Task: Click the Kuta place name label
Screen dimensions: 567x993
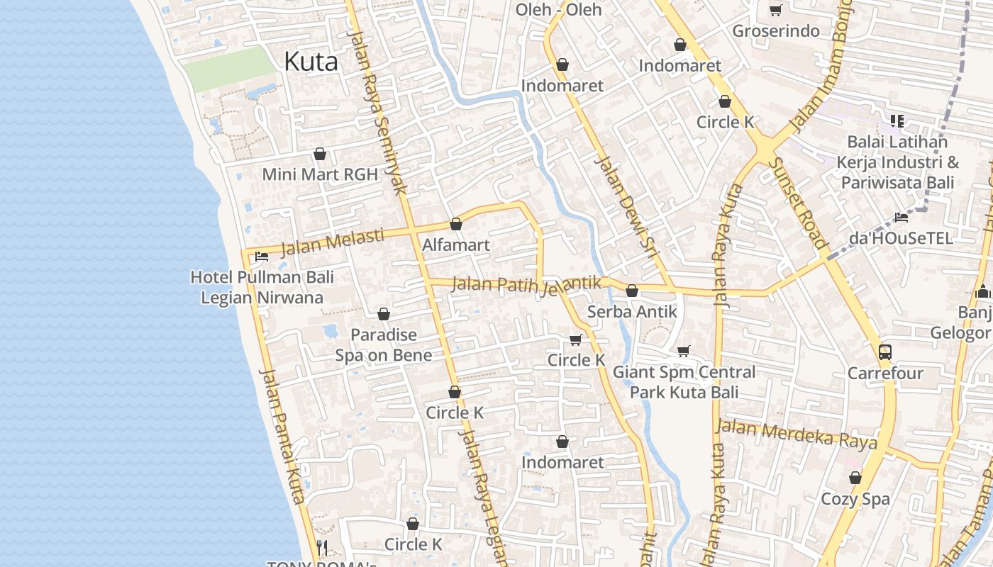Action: pyautogui.click(x=311, y=62)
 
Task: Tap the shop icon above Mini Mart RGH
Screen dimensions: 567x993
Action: pyautogui.click(x=320, y=154)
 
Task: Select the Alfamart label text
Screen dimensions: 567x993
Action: pyautogui.click(x=456, y=245)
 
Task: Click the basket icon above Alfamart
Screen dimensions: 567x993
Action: pyautogui.click(x=456, y=225)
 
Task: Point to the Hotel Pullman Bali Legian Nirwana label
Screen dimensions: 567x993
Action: pyautogui.click(x=262, y=287)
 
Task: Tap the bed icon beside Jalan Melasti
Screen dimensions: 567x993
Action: pyautogui.click(x=262, y=257)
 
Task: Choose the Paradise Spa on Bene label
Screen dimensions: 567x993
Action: pyautogui.click(x=383, y=344)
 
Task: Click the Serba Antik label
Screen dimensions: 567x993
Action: pyautogui.click(x=632, y=312)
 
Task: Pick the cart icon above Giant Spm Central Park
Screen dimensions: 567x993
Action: pyautogui.click(x=684, y=351)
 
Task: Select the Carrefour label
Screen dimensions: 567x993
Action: pyautogui.click(x=885, y=374)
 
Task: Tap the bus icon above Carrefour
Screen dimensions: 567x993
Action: pyautogui.click(x=885, y=352)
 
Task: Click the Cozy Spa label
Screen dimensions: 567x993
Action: pyautogui.click(x=855, y=499)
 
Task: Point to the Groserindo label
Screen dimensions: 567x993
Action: pyautogui.click(x=775, y=31)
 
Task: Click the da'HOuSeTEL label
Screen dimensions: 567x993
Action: pyautogui.click(x=901, y=238)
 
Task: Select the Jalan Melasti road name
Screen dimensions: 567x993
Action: pyautogui.click(x=332, y=242)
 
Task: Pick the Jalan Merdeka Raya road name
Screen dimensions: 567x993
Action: pyautogui.click(x=796, y=433)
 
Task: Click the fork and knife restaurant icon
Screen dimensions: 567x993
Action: pyautogui.click(x=322, y=547)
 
